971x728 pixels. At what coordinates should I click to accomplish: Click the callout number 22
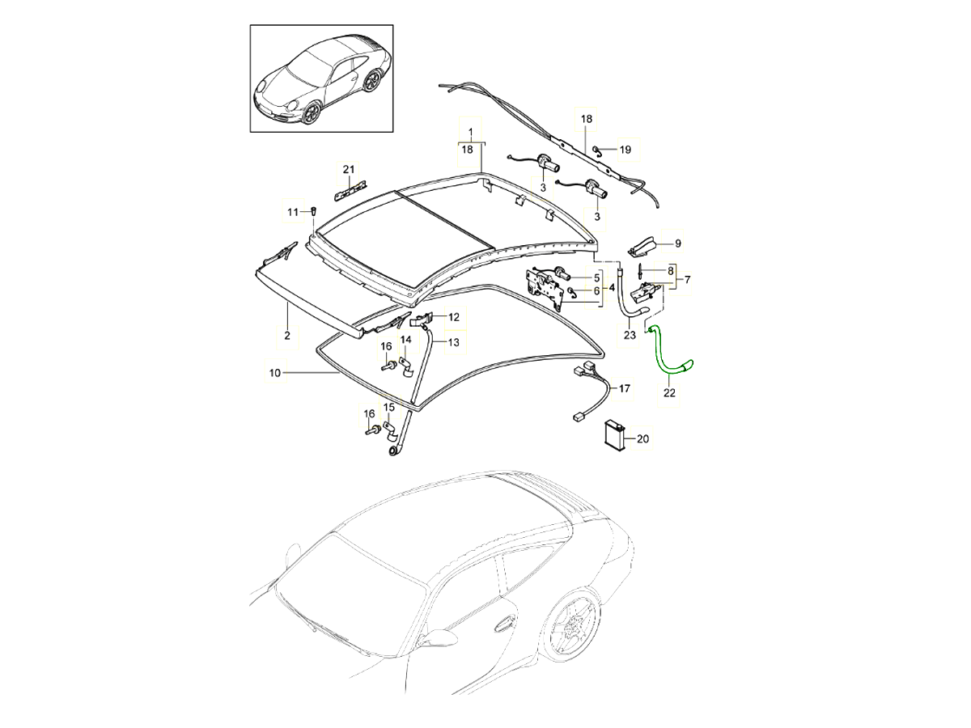670,394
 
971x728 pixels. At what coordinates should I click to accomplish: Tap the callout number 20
643,440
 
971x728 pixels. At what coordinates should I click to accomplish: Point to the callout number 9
678,243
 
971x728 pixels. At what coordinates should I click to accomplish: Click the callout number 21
349,169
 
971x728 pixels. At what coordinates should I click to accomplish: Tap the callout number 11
293,212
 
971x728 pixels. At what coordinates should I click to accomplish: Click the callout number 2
286,334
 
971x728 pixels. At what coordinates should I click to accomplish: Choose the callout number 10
274,373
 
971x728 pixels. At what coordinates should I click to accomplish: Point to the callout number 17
624,389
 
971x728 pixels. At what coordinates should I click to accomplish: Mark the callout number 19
625,150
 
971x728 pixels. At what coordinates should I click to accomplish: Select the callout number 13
453,342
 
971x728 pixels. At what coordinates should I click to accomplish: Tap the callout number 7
687,280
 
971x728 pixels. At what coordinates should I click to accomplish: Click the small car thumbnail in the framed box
321,78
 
